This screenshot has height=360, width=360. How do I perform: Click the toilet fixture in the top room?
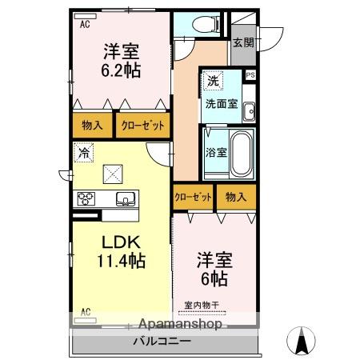pos(206,23)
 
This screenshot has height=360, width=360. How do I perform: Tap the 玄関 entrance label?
pos(243,42)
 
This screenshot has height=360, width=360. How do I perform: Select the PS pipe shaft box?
pos(250,75)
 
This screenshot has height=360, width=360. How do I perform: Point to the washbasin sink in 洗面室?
pos(250,111)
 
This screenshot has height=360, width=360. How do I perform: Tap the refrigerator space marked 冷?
pos(84,153)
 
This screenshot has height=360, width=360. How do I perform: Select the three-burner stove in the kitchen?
pos(86,198)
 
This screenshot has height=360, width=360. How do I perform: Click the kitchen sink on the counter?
pos(126,199)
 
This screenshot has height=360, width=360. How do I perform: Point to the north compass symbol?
pos(301,341)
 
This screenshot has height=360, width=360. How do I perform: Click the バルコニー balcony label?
pos(162,341)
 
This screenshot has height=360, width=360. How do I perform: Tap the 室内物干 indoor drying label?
pos(202,305)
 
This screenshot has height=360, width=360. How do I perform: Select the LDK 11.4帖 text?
pos(122,251)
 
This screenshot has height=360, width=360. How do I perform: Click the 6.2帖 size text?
pos(121,70)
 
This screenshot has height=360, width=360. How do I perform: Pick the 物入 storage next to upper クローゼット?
pos(92,125)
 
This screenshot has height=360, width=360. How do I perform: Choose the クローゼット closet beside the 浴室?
pos(193,197)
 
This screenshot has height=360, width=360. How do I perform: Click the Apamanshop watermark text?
pos(180,325)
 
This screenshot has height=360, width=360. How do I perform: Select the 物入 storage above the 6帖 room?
pos(236,197)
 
